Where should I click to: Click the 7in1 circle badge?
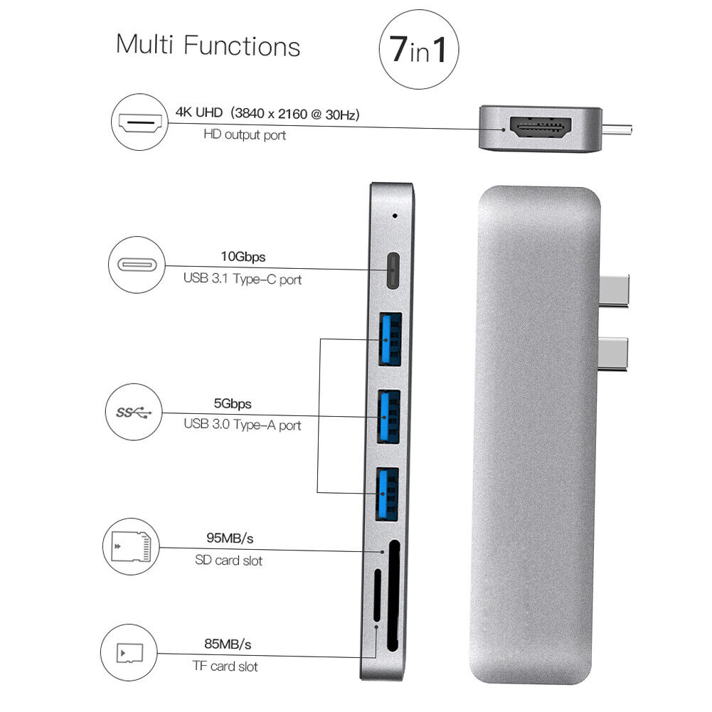point(418,48)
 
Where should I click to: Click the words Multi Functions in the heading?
point(208,46)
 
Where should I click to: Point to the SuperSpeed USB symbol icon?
point(134,413)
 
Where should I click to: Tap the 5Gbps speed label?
point(233,404)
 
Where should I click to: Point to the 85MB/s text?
point(228,644)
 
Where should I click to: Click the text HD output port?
point(245,134)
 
